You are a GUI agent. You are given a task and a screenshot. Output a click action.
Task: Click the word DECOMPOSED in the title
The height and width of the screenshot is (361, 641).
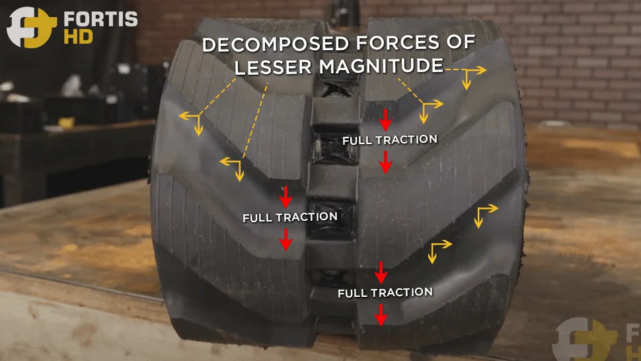point(275,44)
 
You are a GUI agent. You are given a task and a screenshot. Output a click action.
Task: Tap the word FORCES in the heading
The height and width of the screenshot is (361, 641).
point(398,42)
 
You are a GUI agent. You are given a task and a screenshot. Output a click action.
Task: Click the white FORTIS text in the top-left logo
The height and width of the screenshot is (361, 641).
point(100,19)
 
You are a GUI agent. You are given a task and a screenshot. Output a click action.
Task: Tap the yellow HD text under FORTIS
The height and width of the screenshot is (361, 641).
point(78,37)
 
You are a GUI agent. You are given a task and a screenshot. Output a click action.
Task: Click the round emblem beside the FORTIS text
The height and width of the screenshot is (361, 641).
point(31,27)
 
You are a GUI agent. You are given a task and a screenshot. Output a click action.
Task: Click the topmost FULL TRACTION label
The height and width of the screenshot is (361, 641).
point(390,140)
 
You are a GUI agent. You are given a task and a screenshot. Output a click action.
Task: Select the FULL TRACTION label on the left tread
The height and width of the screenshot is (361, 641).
point(290,217)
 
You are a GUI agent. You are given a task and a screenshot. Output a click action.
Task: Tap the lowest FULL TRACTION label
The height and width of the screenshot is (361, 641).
point(385,293)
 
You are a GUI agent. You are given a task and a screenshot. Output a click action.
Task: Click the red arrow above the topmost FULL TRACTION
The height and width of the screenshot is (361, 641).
point(385,120)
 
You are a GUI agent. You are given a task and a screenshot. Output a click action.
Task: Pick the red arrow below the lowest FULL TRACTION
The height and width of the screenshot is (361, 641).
point(381,315)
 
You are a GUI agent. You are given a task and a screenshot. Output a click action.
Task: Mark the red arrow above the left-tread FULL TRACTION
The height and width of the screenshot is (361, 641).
point(285,197)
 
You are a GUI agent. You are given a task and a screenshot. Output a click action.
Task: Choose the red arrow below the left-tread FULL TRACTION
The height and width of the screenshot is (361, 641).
point(285,239)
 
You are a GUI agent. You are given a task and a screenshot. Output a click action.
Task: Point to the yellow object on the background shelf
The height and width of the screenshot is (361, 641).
point(66,122)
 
